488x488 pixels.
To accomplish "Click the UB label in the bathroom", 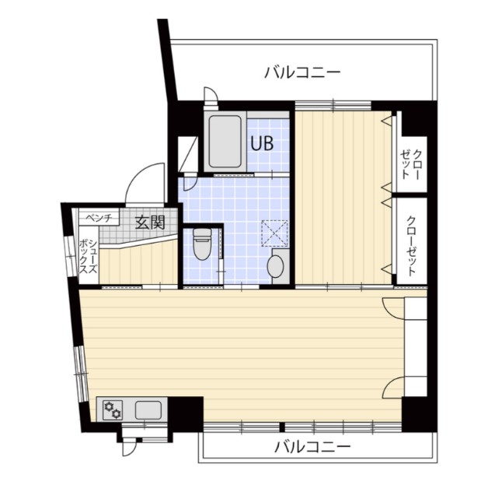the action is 262,143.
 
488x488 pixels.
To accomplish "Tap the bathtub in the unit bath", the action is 225,142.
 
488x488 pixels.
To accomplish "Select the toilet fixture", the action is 202,244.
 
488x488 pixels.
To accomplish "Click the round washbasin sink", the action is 275,266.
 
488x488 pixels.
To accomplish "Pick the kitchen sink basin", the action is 148,410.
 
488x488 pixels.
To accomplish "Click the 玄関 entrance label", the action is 150,223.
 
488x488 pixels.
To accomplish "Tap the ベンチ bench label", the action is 99,218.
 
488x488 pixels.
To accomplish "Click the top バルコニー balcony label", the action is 302,72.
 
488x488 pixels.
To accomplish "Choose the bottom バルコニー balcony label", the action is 312,448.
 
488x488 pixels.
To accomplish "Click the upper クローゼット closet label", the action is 411,164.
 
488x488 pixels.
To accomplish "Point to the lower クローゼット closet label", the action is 411,246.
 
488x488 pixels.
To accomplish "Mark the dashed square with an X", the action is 274,233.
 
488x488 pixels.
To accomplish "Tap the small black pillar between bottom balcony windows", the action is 282,427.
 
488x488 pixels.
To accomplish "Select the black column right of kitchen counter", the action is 186,414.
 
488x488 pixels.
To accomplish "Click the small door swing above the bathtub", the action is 210,93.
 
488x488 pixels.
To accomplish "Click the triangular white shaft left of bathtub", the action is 187,154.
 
